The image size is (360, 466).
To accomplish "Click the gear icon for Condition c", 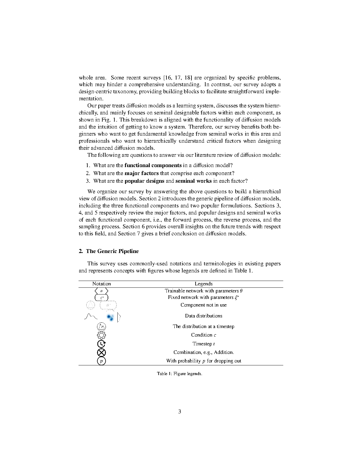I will [101, 335].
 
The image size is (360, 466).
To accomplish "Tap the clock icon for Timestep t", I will [101, 344].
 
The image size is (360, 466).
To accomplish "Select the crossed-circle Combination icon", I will [101, 352].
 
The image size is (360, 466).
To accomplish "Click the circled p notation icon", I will [101, 361].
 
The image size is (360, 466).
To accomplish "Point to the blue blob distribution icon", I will [111, 317].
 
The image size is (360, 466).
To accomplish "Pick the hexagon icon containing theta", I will [101, 291].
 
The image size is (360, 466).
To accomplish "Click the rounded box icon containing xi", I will [101, 297].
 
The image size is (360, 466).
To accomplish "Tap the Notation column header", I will [101, 284].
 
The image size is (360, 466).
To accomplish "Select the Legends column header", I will [204, 284].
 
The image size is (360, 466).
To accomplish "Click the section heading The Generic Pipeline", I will [109, 251].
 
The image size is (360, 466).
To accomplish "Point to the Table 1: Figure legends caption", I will [179, 374].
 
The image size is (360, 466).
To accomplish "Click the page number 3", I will [180, 412].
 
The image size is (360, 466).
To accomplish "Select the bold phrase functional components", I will [153, 165].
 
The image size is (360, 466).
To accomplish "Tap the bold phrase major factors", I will [141, 173].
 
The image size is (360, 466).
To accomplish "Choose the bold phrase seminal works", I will [193, 181].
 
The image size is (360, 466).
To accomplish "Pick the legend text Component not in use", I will [204, 305].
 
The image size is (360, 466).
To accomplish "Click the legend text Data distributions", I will [204, 316].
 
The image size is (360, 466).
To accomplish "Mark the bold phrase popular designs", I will [144, 181].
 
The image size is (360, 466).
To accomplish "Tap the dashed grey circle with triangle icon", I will [90, 305].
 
